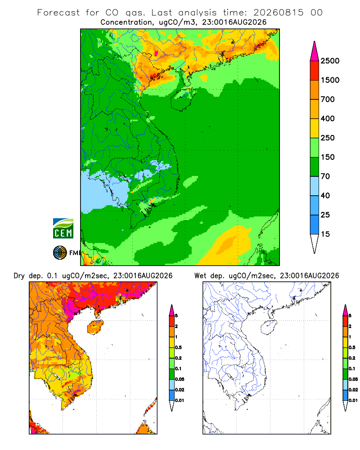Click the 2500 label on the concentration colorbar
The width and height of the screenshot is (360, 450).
(330, 61)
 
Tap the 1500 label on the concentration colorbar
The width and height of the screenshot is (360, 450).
(330, 80)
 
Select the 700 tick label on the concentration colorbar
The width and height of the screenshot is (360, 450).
(328, 99)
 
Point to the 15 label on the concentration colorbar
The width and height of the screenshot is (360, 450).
(325, 234)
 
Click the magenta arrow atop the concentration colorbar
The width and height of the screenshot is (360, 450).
(315, 52)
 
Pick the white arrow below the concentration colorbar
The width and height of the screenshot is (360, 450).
(315, 243)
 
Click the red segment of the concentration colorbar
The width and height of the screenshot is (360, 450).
(315, 71)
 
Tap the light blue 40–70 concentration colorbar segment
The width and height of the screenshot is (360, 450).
(315, 186)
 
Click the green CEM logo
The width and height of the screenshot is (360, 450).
(63, 229)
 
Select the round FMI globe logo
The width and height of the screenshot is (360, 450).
(60, 253)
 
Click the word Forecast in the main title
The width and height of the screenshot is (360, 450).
(58, 13)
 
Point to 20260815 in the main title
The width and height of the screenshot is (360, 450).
(278, 13)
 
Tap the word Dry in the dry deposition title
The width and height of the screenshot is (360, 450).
(19, 276)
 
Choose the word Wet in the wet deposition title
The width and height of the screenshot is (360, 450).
(200, 276)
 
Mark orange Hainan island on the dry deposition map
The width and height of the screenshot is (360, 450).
(95, 327)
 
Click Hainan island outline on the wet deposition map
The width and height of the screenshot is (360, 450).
(269, 327)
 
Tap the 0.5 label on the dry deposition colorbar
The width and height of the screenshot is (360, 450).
(178, 347)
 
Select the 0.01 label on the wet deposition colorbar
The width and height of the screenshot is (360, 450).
(353, 400)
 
